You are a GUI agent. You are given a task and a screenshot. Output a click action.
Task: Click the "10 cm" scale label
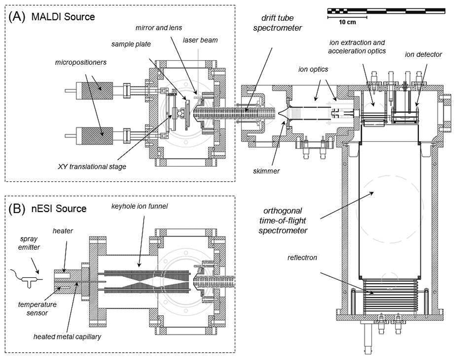[x=347, y=22]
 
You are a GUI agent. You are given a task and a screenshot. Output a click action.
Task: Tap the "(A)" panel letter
[x=18, y=17]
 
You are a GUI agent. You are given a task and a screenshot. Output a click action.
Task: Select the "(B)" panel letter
[x=18, y=209]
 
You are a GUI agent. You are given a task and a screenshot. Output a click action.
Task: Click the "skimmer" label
[x=266, y=171]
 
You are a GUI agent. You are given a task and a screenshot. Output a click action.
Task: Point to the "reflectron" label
[x=302, y=258]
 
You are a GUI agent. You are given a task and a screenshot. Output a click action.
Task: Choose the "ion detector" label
[x=423, y=55]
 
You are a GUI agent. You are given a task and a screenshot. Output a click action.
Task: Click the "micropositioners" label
[x=81, y=63]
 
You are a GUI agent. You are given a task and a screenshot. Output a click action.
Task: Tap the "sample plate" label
[x=131, y=44]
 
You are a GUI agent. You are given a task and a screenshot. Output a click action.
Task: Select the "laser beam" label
[x=200, y=40]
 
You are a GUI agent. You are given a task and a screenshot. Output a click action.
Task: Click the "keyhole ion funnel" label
[x=139, y=206]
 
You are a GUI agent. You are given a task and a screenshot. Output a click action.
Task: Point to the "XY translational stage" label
[x=92, y=166]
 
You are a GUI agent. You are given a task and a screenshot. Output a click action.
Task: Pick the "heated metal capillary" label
[x=67, y=336]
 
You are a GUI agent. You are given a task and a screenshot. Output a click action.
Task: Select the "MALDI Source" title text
[x=63, y=17]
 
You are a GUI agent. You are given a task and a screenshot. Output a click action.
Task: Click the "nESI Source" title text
[x=59, y=209]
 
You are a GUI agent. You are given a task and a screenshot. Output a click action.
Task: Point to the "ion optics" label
[x=313, y=70]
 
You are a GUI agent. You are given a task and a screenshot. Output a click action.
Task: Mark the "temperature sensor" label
[x=37, y=309]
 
